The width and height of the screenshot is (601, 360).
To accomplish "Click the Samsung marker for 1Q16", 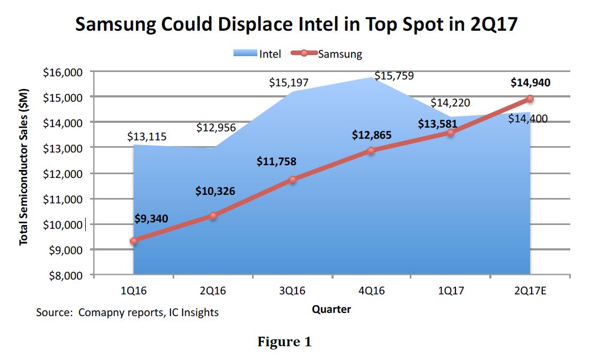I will click(134, 241).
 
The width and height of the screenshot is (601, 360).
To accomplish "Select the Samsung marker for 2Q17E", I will click(530, 98).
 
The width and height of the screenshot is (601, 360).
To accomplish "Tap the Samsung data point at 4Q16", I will click(371, 150).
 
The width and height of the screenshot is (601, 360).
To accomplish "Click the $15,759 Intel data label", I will click(394, 76).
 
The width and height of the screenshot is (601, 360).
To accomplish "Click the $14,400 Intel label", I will click(527, 119).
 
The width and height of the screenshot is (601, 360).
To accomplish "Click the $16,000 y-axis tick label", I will click(62, 72).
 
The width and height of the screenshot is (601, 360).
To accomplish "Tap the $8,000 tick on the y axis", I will click(65, 275).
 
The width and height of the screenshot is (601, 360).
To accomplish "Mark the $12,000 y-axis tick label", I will click(62, 174).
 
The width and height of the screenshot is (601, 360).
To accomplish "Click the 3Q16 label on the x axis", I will click(292, 291).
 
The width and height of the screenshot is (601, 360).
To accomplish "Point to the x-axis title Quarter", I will click(331, 309).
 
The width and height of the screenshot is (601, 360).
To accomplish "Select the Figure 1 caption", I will click(284, 342).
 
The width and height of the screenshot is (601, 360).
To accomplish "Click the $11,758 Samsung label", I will click(276, 162).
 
